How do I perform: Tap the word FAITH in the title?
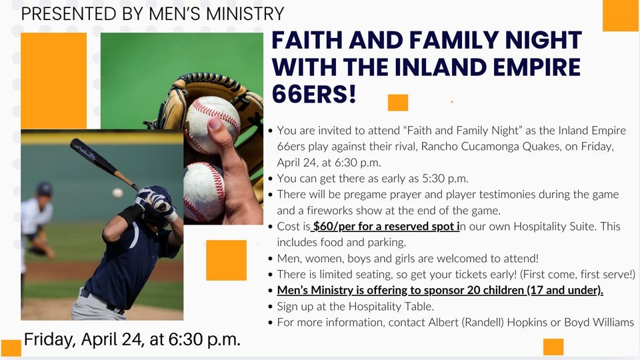pos(311,41)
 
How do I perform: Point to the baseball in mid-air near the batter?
pos(118,193)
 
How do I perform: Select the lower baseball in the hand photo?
pos(203,191)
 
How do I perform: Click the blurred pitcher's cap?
pos(44,189)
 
